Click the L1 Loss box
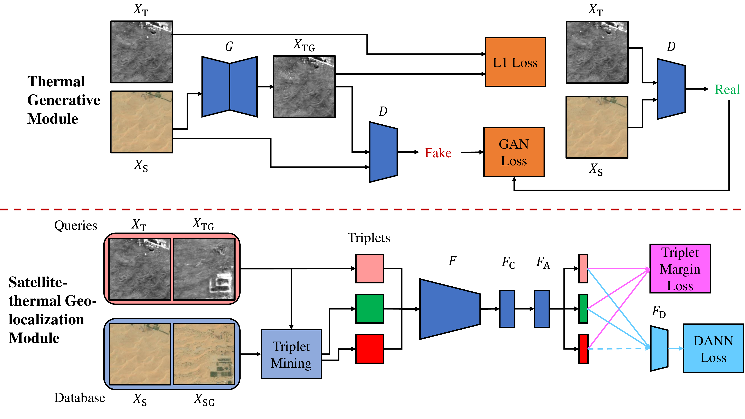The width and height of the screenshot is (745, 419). point(515,62)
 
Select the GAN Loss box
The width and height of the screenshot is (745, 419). point(514,152)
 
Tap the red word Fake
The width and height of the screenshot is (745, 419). point(438,153)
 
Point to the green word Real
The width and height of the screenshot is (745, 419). point(727,89)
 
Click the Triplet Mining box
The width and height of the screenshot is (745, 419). point(291,354)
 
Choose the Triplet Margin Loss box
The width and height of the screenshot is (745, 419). point(680,269)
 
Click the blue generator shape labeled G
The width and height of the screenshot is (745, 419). point(229,87)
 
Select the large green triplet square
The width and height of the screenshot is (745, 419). point(369,309)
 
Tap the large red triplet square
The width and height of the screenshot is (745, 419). point(369,349)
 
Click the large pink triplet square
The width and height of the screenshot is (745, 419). point(369,268)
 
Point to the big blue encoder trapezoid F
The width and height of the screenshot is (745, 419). point(449,309)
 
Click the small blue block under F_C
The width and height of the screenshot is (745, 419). point(507,309)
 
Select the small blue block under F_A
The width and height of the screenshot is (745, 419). point(541,309)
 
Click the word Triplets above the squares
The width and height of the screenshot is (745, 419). point(368,238)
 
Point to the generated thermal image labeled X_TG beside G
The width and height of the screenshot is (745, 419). point(304,87)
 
